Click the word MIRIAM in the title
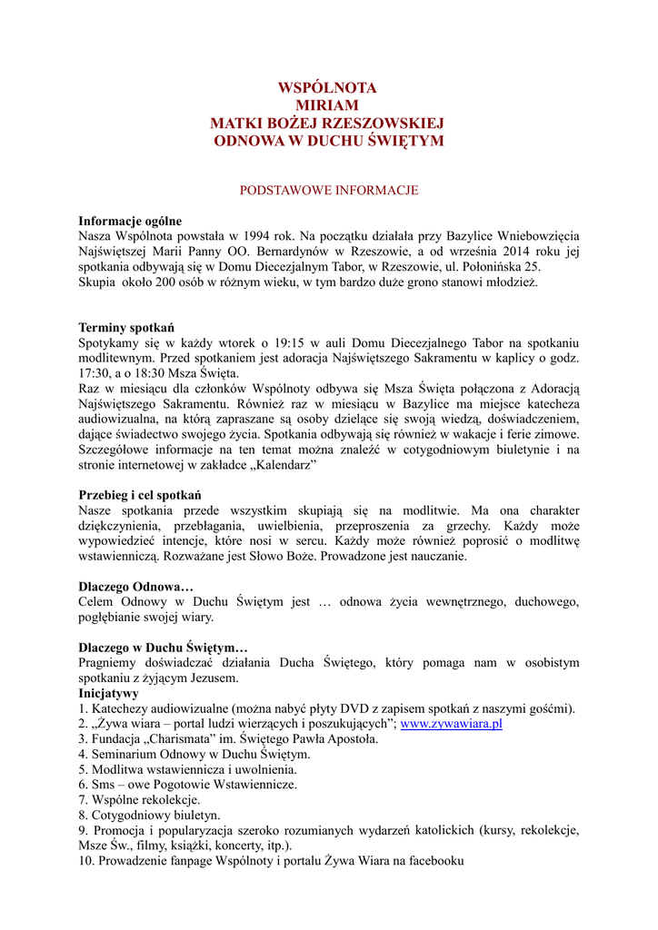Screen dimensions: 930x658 click(327, 105)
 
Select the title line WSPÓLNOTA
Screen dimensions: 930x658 click(327, 88)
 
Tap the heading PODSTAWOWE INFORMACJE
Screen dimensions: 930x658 click(328, 191)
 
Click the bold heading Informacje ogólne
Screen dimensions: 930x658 click(130, 221)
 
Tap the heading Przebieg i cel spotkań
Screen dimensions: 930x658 click(140, 495)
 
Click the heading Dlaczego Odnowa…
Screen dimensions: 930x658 click(136, 587)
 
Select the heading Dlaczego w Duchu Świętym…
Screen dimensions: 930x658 click(163, 648)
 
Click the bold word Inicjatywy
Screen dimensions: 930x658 click(109, 693)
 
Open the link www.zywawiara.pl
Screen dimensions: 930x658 click(452, 724)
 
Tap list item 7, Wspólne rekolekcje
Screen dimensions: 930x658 click(139, 800)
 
